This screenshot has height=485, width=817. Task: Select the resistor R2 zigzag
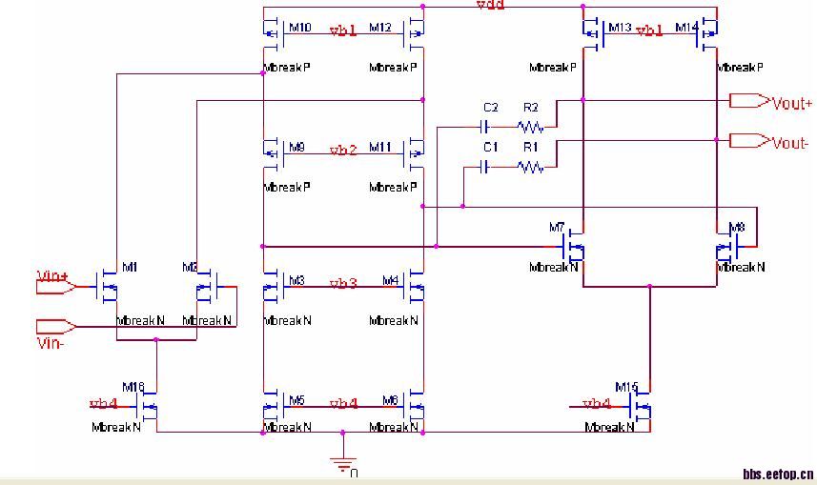[530, 126]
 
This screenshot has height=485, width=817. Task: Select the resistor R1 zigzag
[530, 167]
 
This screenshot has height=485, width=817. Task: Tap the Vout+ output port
[749, 100]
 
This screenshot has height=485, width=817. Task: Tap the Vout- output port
[749, 141]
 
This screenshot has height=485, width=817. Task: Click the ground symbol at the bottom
[340, 464]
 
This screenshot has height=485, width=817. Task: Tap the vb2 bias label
[343, 151]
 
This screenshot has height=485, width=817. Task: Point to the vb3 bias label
[343, 284]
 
